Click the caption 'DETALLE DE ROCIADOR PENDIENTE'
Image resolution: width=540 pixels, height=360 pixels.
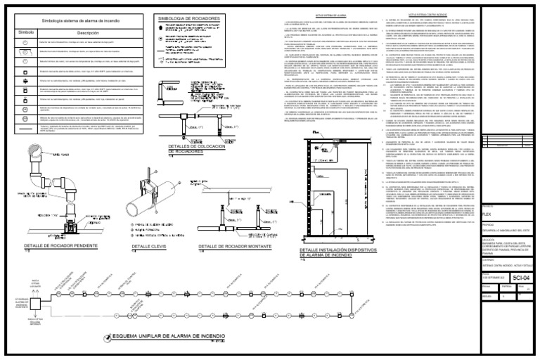click(61, 245)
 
